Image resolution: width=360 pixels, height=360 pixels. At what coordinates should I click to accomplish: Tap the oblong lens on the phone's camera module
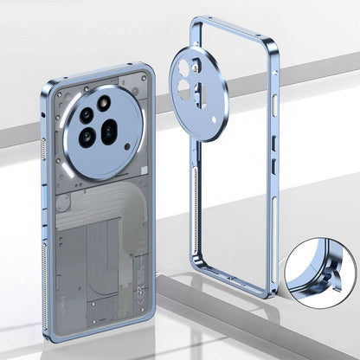(109, 132)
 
